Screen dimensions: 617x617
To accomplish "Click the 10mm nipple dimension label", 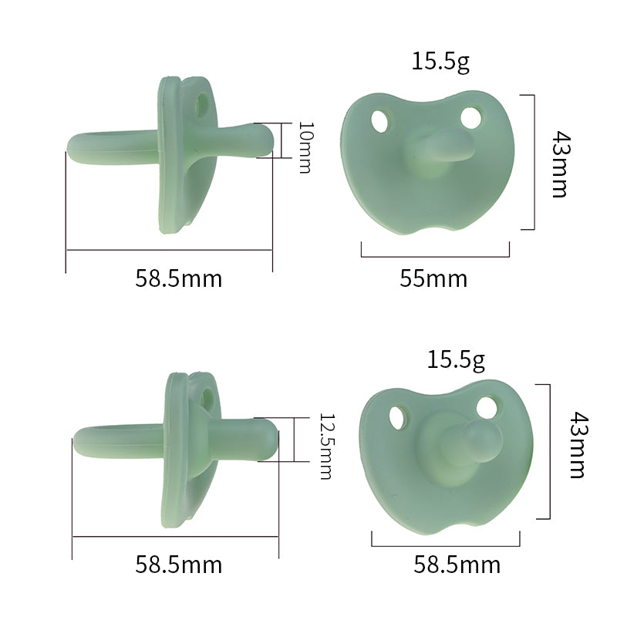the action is [305, 147].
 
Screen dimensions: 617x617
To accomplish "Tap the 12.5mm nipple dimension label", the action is [325, 447].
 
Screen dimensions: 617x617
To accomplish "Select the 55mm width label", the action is [433, 278].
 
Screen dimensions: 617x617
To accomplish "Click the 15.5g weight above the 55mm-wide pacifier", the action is [440, 62].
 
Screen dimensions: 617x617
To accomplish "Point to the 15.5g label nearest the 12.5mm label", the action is [456, 360].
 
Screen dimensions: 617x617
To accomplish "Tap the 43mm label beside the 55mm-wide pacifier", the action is [560, 164].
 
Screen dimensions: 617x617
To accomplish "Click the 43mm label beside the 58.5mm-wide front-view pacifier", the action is [578, 445].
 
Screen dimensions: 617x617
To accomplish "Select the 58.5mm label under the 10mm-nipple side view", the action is [179, 278].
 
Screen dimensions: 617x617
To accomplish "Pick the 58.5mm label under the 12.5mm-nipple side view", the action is [179, 565].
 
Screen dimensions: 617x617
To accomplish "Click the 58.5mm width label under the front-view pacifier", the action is [457, 565].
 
